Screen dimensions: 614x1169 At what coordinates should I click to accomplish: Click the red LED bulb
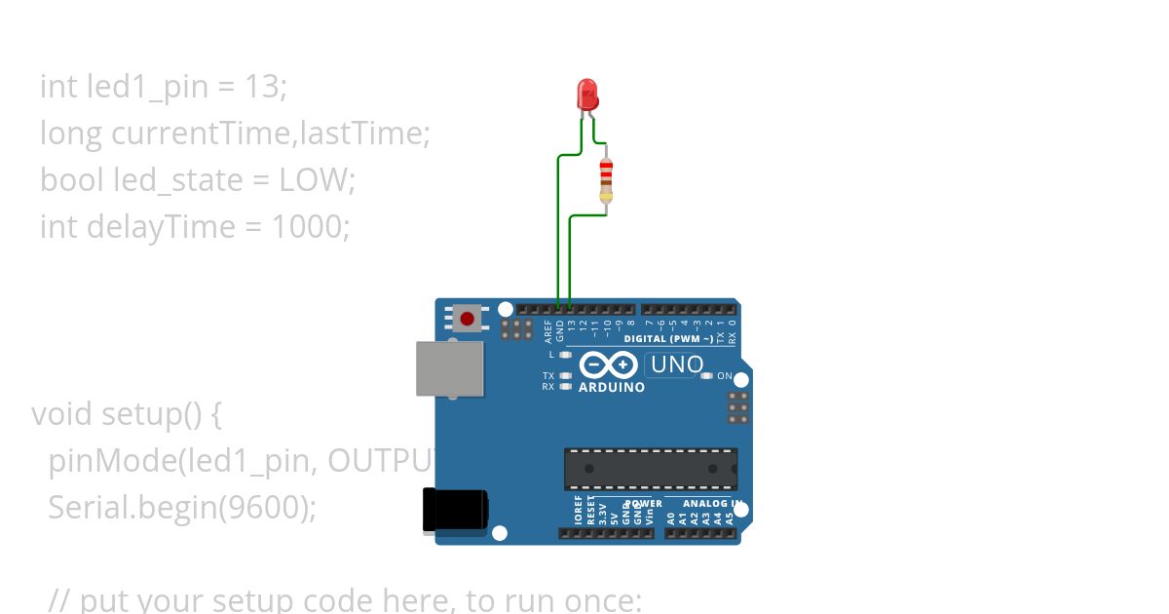point(588,95)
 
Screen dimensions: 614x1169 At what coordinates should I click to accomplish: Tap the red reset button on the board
point(468,319)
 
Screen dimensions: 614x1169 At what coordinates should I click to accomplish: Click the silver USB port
point(450,368)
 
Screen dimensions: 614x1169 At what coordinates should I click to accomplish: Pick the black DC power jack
point(455,511)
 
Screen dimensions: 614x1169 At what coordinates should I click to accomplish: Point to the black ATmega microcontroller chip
point(651,469)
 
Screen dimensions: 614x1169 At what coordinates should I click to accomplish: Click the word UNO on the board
point(676,365)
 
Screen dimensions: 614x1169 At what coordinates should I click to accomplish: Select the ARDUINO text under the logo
point(612,387)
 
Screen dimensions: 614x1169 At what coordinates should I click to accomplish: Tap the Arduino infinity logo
point(609,365)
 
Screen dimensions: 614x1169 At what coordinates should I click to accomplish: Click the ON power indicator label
point(725,376)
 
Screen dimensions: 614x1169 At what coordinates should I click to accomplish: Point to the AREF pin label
point(548,331)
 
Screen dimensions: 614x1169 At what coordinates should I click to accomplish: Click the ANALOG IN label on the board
point(710,504)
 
